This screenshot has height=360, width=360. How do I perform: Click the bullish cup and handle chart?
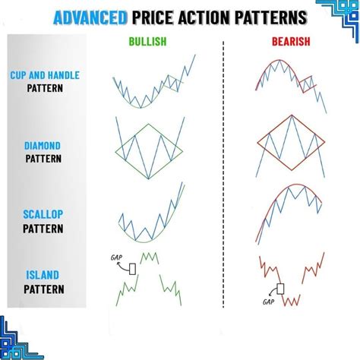point(149,87)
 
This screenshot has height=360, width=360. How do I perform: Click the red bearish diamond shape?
point(291,144)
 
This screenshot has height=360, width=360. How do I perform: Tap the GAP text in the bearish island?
point(268,302)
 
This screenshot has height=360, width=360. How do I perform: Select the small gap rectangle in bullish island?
point(132,268)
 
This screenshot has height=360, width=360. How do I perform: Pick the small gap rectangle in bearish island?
point(281,289)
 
